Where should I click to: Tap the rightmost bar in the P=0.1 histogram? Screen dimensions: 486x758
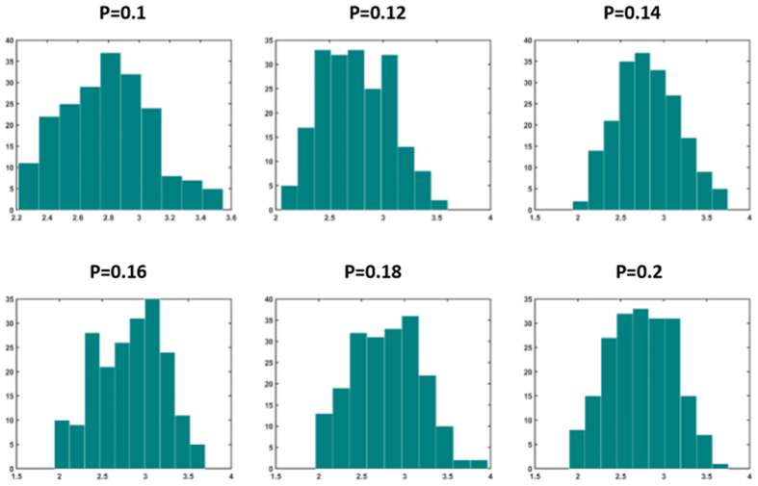click(213, 198)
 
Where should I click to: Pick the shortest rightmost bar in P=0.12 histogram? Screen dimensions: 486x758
click(439, 205)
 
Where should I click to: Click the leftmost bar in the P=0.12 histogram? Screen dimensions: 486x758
click(289, 198)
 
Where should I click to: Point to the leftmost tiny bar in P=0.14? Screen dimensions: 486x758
click(581, 205)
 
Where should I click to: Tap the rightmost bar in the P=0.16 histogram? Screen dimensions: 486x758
click(196, 456)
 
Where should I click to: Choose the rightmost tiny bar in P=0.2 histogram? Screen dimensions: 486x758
click(721, 465)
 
